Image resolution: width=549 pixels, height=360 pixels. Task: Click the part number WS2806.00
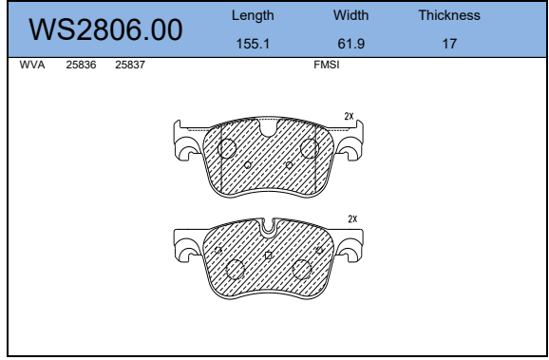[105, 29]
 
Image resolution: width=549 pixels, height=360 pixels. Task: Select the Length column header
[253, 16]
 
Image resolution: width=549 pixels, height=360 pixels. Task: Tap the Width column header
[350, 15]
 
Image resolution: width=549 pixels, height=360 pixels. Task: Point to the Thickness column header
[449, 15]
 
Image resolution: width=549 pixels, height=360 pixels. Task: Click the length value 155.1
[253, 44]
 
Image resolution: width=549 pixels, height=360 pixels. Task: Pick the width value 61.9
[350, 44]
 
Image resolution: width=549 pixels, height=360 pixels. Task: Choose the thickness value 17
[449, 44]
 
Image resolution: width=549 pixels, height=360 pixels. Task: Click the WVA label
[32, 65]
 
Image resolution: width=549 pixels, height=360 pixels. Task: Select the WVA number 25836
[81, 65]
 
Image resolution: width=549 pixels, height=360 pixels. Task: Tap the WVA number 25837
[130, 65]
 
